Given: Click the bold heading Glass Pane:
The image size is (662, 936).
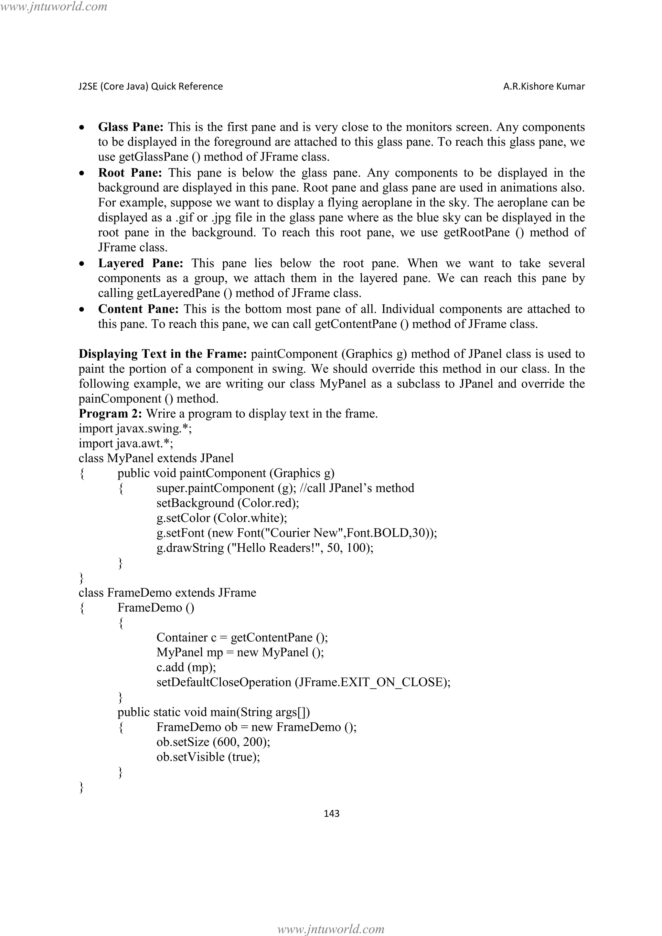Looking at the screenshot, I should pyautogui.click(x=131, y=127).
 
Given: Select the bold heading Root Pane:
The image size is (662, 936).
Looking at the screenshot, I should pyautogui.click(x=130, y=173).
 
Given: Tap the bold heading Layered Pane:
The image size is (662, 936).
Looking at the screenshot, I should pyautogui.click(x=141, y=263).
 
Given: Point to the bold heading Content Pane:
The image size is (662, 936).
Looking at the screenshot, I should pyautogui.click(x=138, y=309).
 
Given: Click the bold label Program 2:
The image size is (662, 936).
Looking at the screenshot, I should pyautogui.click(x=110, y=414).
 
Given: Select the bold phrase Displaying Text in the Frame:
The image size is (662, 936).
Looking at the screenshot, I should pyautogui.click(x=163, y=354).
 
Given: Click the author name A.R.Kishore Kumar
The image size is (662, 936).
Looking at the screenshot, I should pyautogui.click(x=544, y=86).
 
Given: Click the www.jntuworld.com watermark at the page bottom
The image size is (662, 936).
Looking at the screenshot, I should pyautogui.click(x=331, y=929).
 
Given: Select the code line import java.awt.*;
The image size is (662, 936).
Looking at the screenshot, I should pyautogui.click(x=126, y=443).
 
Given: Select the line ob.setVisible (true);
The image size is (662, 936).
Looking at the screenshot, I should pyautogui.click(x=208, y=757).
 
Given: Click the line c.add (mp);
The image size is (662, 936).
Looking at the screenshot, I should pyautogui.click(x=186, y=667).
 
